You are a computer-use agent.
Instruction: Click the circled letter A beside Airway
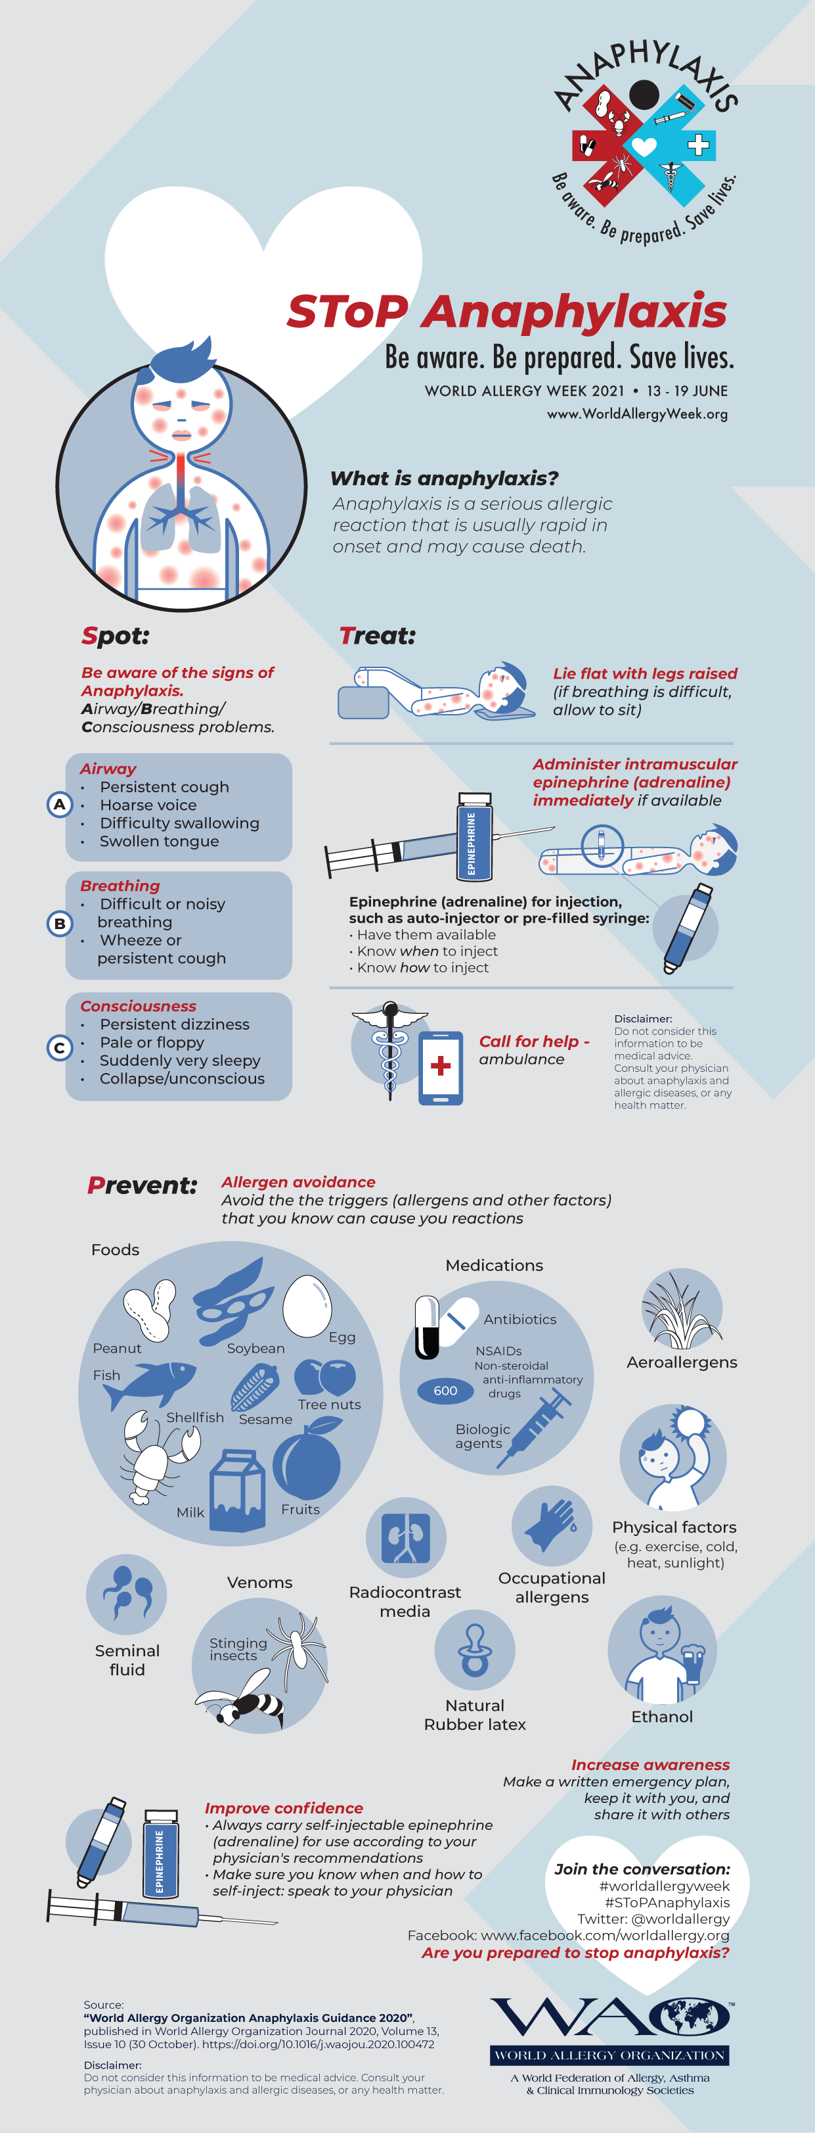[x=60, y=804]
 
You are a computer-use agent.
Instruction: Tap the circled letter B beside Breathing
[x=60, y=923]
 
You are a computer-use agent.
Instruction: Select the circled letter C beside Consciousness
[x=60, y=1048]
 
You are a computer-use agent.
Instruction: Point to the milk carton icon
[x=238, y=1490]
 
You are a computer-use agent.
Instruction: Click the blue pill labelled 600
[x=445, y=1390]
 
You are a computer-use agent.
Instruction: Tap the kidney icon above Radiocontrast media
[x=405, y=1537]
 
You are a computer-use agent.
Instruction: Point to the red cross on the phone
[x=441, y=1066]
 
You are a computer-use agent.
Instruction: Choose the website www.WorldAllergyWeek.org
[x=637, y=414]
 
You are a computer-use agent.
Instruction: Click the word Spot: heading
[x=115, y=635]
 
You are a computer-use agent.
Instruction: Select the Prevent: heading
[x=143, y=1186]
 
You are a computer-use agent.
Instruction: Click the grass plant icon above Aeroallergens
[x=682, y=1310]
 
